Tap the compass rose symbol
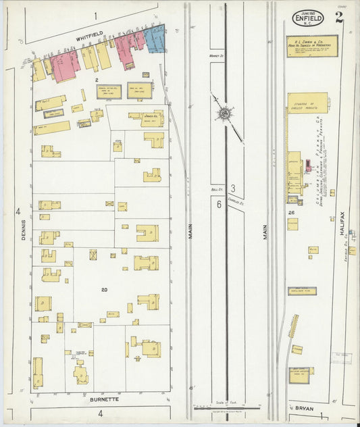[x=224, y=114]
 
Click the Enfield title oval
[x=307, y=18]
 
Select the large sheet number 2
[x=338, y=18]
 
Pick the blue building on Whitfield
[x=155, y=39]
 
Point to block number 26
[x=291, y=213]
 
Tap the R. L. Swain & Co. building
[x=311, y=46]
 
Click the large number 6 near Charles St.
[x=220, y=205]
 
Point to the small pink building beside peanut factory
[x=308, y=165]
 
